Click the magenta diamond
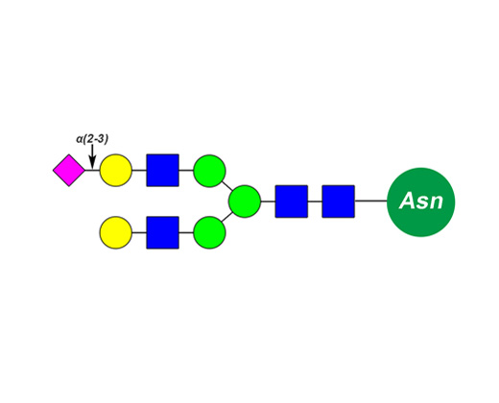pyautogui.click(x=69, y=170)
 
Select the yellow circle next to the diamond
pyautogui.click(x=116, y=170)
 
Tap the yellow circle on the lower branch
pyautogui.click(x=116, y=232)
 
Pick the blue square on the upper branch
pyautogui.click(x=162, y=170)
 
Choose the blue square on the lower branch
pyautogui.click(x=162, y=232)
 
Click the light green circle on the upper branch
pyautogui.click(x=209, y=171)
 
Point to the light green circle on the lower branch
pyautogui.click(x=209, y=232)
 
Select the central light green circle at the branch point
pyautogui.click(x=245, y=201)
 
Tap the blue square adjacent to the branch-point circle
pyautogui.click(x=292, y=201)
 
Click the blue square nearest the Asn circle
pyautogui.click(x=338, y=201)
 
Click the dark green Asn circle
pyautogui.click(x=421, y=202)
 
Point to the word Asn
pyautogui.click(x=421, y=201)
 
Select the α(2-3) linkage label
pyautogui.click(x=92, y=139)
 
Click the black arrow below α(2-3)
pyautogui.click(x=92, y=156)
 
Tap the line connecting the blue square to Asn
pyautogui.click(x=370, y=201)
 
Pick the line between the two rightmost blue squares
pyautogui.click(x=315, y=201)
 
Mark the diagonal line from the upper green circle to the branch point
pyautogui.click(x=227, y=186)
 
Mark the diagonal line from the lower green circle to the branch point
pyautogui.click(x=226, y=217)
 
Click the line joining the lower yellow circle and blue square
pyautogui.click(x=139, y=232)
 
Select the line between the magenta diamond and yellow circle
pyautogui.click(x=92, y=170)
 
